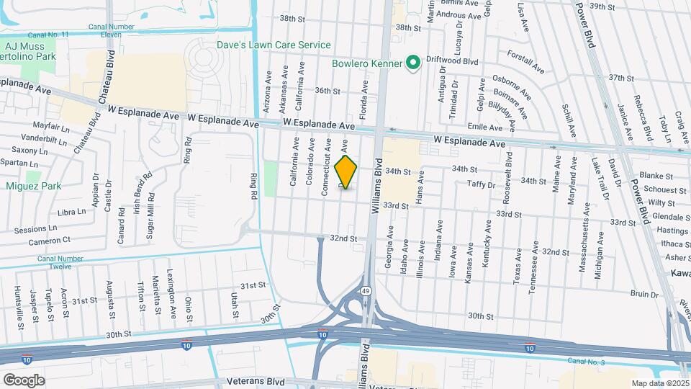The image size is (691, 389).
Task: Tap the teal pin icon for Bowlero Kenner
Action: (413, 63)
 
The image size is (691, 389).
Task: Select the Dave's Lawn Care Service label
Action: (274, 45)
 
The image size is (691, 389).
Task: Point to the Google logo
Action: (24, 380)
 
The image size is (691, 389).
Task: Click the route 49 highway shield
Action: (366, 291)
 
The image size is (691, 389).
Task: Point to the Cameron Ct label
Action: (50, 240)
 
